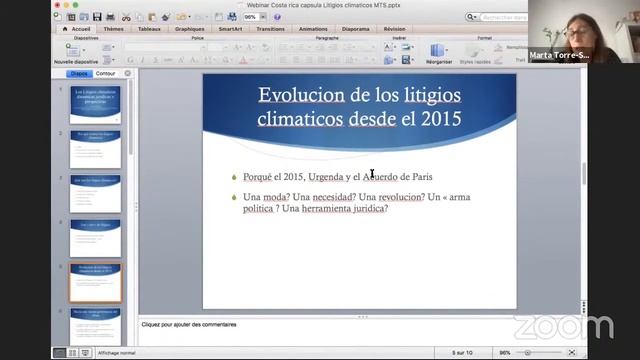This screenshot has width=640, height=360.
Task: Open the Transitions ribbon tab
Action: click(x=270, y=29)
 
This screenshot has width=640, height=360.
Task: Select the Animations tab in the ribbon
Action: click(x=312, y=29)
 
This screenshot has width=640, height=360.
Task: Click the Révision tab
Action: click(x=394, y=29)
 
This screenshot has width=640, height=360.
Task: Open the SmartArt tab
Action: click(x=230, y=29)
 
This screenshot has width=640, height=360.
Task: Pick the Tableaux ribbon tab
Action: click(x=149, y=29)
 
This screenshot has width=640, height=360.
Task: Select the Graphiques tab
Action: click(x=189, y=29)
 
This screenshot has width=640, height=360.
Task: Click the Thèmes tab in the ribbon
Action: click(x=113, y=29)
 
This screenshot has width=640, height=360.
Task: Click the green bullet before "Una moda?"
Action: click(x=233, y=197)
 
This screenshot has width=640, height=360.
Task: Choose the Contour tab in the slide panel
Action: click(x=105, y=74)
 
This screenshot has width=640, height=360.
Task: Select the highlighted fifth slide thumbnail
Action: click(x=95, y=283)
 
